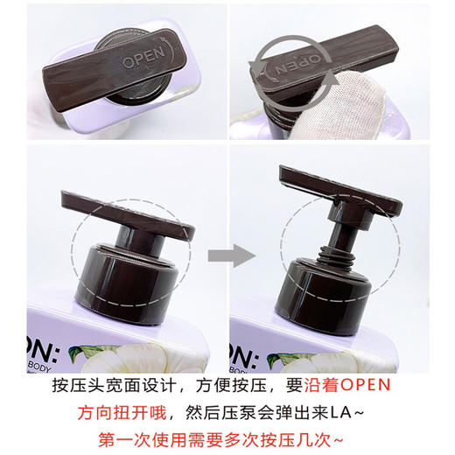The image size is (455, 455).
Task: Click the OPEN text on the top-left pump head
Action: (x=143, y=62)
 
